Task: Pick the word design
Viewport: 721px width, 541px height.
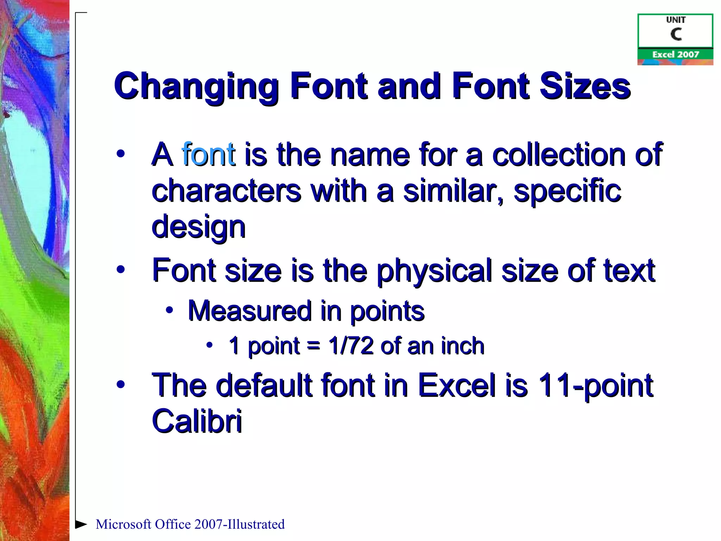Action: click(198, 228)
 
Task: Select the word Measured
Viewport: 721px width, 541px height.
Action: click(250, 311)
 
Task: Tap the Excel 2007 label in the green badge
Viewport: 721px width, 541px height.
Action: click(676, 55)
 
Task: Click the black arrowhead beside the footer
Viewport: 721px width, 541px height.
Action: click(81, 524)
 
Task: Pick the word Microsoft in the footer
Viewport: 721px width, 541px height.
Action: click(124, 524)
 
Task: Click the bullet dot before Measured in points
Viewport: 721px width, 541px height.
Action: click(170, 310)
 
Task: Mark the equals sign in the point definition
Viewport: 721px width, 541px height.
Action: click(313, 346)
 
